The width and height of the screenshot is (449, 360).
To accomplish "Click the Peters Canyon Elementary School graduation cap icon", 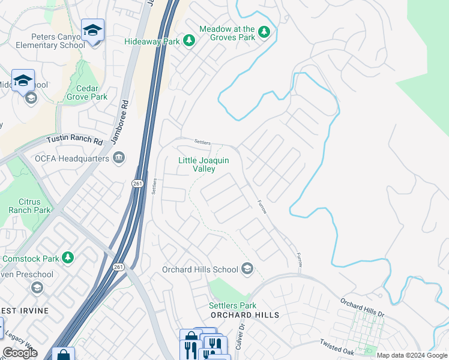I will (x=92, y=30).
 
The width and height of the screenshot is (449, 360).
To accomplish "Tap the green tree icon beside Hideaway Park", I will (x=190, y=41).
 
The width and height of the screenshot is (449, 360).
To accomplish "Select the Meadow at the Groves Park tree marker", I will (x=264, y=32).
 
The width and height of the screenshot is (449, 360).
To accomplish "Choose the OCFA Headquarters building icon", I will (x=119, y=158).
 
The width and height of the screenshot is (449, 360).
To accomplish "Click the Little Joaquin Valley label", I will (x=204, y=164).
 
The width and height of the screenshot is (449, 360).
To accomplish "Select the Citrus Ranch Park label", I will (x=29, y=206).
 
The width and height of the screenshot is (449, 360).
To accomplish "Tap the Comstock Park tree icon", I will (x=68, y=258).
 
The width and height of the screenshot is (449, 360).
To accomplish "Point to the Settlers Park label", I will (x=232, y=305).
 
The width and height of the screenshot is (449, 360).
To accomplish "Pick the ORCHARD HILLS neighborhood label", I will (x=244, y=315).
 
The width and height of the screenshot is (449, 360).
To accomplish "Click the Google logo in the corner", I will (x=20, y=352).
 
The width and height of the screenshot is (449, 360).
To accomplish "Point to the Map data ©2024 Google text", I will (x=411, y=355).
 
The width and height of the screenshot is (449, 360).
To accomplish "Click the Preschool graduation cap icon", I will (x=37, y=288).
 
